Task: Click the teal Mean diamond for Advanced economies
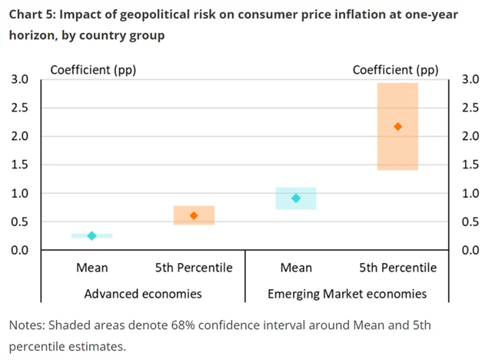click(x=91, y=235)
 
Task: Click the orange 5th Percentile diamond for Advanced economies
click(x=194, y=215)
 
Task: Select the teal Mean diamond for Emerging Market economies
click(x=296, y=198)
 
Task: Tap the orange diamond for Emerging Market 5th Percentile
click(x=397, y=126)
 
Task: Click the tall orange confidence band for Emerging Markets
click(x=397, y=154)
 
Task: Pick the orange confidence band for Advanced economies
click(x=194, y=209)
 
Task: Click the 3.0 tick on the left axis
click(x=19, y=80)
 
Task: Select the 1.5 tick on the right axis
click(x=470, y=165)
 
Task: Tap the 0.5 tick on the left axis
click(x=19, y=222)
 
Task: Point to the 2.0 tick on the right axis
click(x=470, y=137)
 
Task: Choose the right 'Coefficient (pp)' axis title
click(x=395, y=70)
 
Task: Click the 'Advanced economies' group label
click(x=143, y=293)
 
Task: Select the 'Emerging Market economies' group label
click(x=347, y=293)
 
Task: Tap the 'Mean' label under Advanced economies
click(x=91, y=268)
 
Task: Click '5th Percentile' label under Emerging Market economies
click(x=397, y=268)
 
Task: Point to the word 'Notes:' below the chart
click(x=30, y=325)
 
